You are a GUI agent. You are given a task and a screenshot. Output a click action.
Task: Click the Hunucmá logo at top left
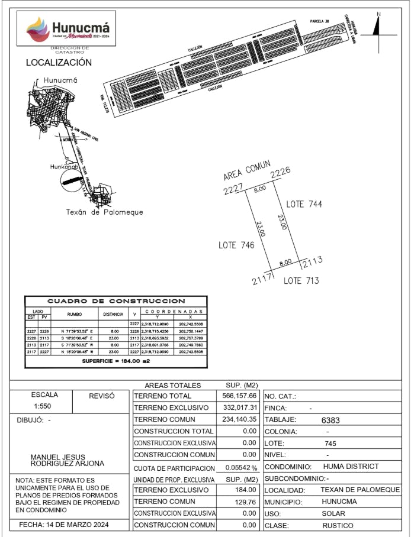[x=67, y=29]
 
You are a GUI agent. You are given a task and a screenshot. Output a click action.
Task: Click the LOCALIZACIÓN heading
[x=59, y=62]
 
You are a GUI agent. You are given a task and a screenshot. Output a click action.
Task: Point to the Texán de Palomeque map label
[x=105, y=212]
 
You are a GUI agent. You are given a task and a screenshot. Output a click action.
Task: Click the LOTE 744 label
[x=304, y=204]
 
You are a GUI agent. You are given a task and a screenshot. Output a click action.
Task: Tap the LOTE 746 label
[x=236, y=245]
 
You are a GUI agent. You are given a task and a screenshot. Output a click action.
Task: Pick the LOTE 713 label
[x=301, y=281]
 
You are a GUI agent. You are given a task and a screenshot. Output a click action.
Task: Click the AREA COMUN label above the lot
[x=246, y=170]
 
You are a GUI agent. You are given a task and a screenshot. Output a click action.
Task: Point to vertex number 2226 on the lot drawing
[x=280, y=173]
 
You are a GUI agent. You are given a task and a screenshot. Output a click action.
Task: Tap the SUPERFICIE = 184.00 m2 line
[x=115, y=360]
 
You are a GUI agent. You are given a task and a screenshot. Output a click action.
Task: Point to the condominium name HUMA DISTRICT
[x=351, y=467]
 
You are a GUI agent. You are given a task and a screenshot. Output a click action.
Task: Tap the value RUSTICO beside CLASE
[x=338, y=526]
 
